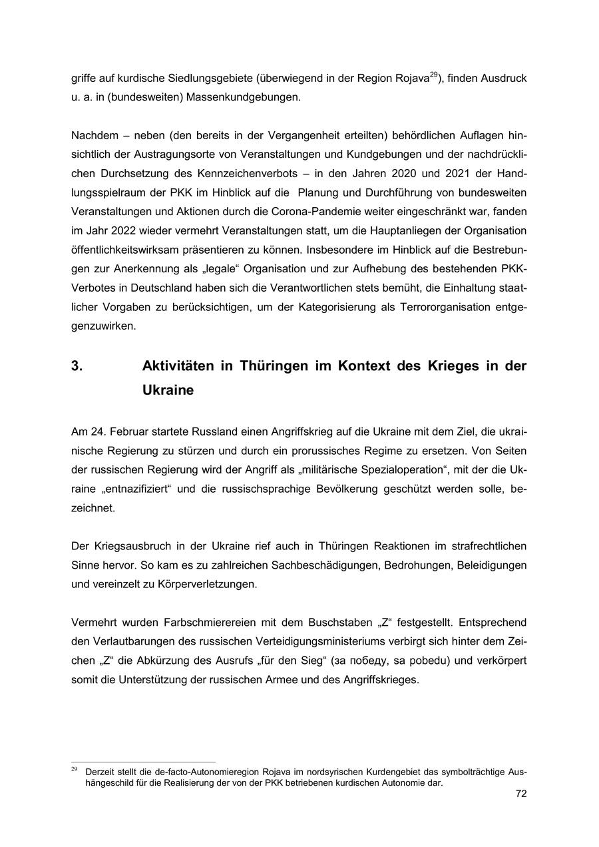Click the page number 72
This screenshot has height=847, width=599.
520,794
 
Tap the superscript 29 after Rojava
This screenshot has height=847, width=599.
433,75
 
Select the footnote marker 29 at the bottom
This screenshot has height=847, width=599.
75,768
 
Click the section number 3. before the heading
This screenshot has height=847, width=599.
77,366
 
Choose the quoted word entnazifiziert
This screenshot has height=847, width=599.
143,489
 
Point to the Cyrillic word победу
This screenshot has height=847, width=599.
365,661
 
